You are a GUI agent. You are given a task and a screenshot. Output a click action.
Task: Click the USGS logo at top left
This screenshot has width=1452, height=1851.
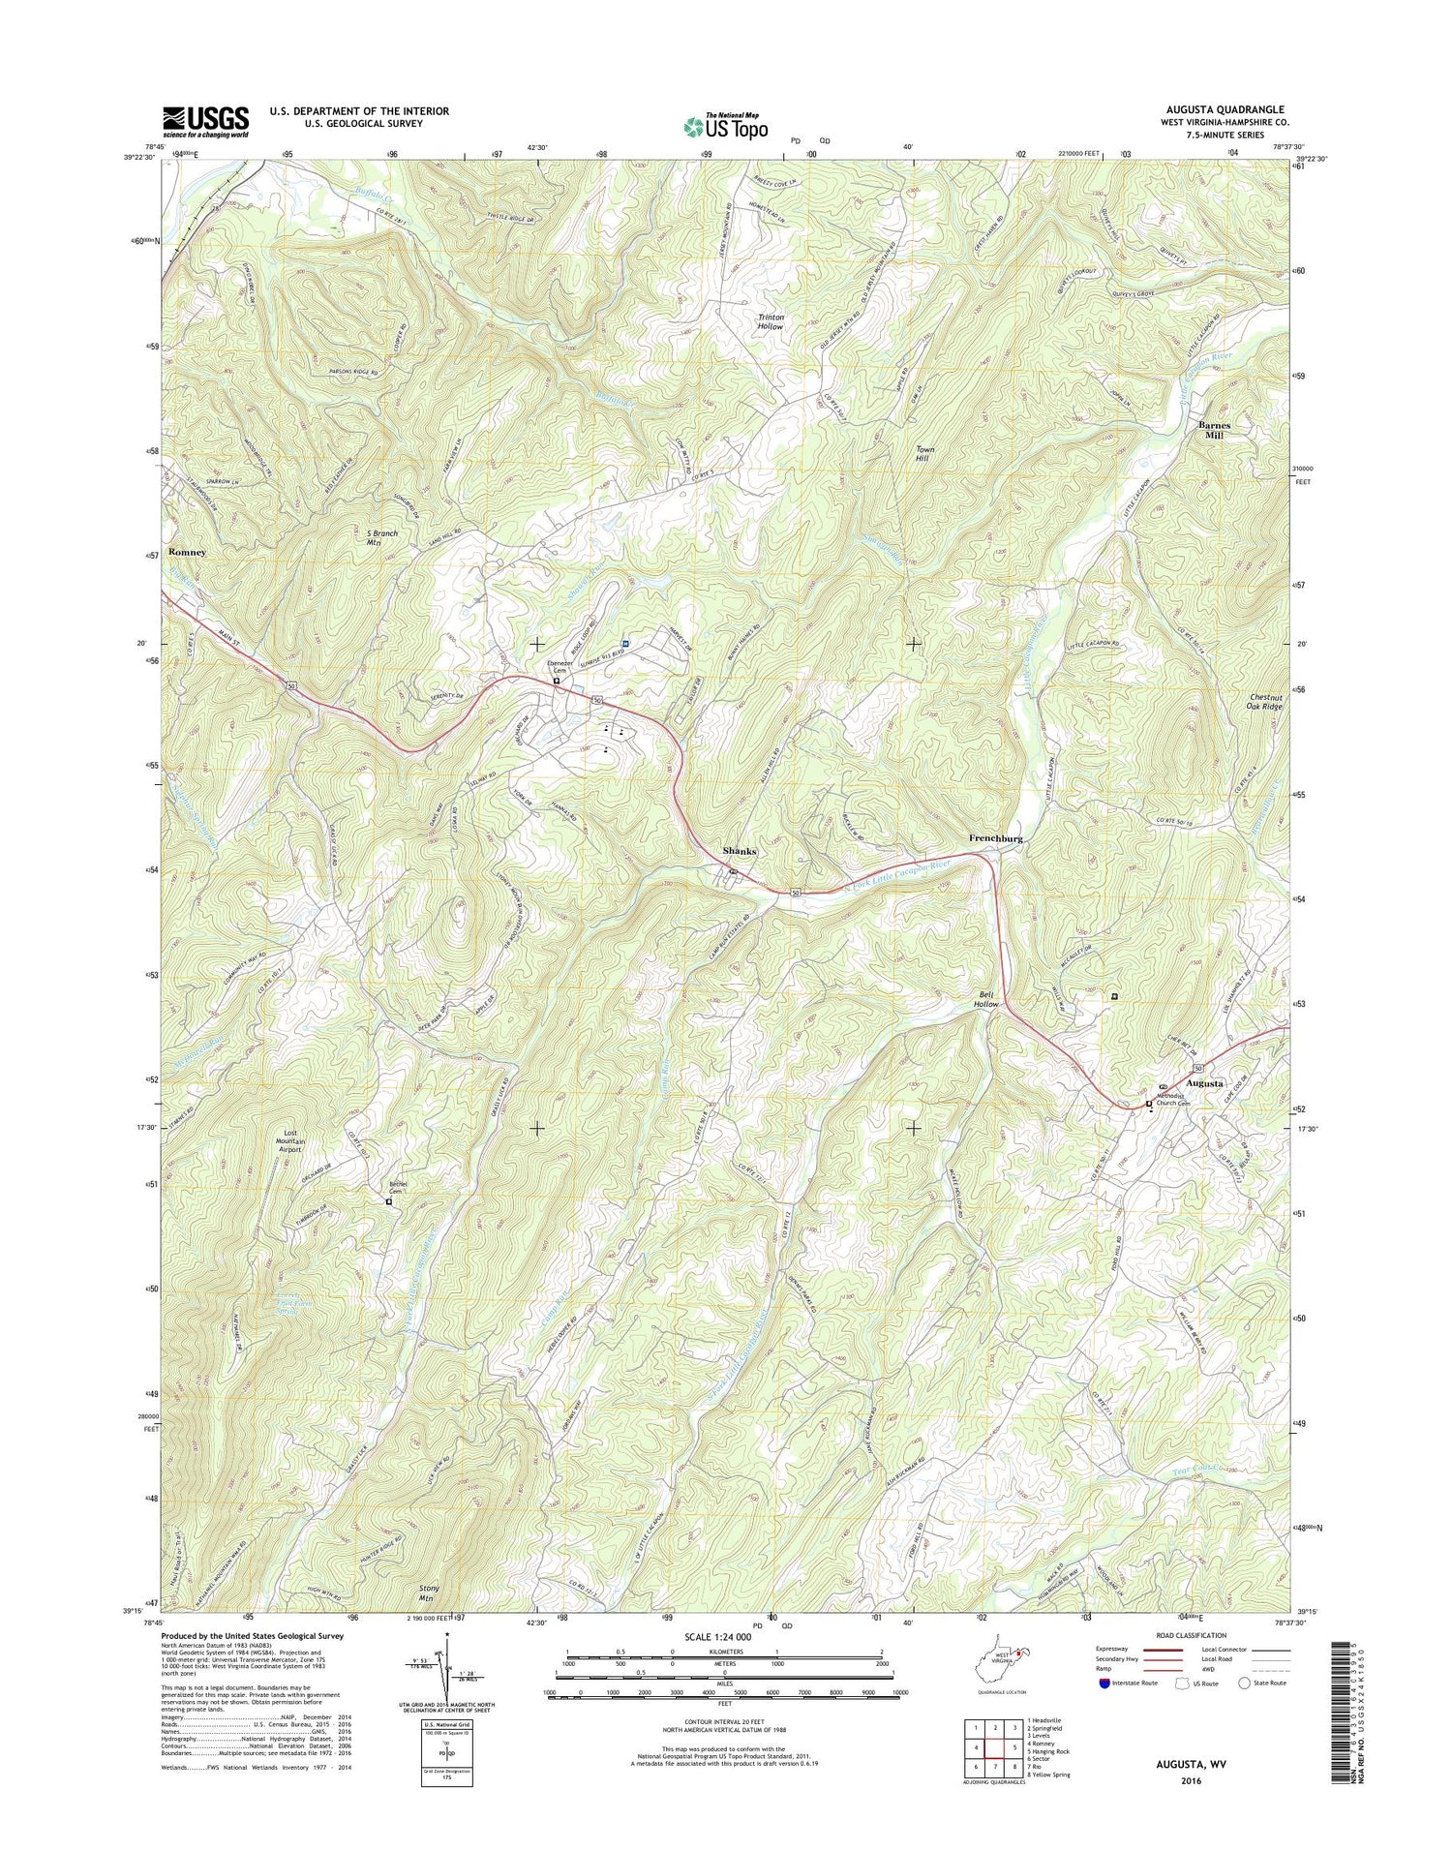coord(205,122)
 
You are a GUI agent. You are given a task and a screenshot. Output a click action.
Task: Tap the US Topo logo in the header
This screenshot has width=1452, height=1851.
coord(726,126)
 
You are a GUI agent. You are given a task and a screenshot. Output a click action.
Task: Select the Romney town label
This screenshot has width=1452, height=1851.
coord(188,552)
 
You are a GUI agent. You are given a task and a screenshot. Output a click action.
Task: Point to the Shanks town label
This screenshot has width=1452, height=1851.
coord(740,851)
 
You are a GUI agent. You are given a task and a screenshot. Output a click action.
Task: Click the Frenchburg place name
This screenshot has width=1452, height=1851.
coord(996,838)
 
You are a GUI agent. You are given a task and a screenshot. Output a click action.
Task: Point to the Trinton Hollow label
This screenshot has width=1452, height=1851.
coord(771,322)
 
